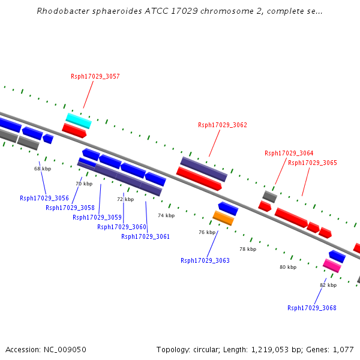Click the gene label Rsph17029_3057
tap(95, 76)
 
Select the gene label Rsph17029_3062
tap(222, 125)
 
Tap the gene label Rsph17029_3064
tap(289, 153)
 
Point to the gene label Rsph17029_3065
tap(312, 163)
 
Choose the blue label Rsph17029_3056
tap(44, 198)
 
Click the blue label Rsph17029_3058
tap(70, 208)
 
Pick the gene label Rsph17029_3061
tap(145, 236)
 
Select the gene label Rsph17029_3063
tap(205, 260)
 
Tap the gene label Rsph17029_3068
tap(311, 308)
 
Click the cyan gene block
tap(79, 121)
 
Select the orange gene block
tap(223, 218)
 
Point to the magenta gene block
tap(332, 265)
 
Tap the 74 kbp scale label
tap(166, 215)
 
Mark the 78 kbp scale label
tap(247, 248)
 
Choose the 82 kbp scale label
tap(328, 285)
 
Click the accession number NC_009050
tap(67, 349)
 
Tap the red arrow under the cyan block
tap(75, 130)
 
